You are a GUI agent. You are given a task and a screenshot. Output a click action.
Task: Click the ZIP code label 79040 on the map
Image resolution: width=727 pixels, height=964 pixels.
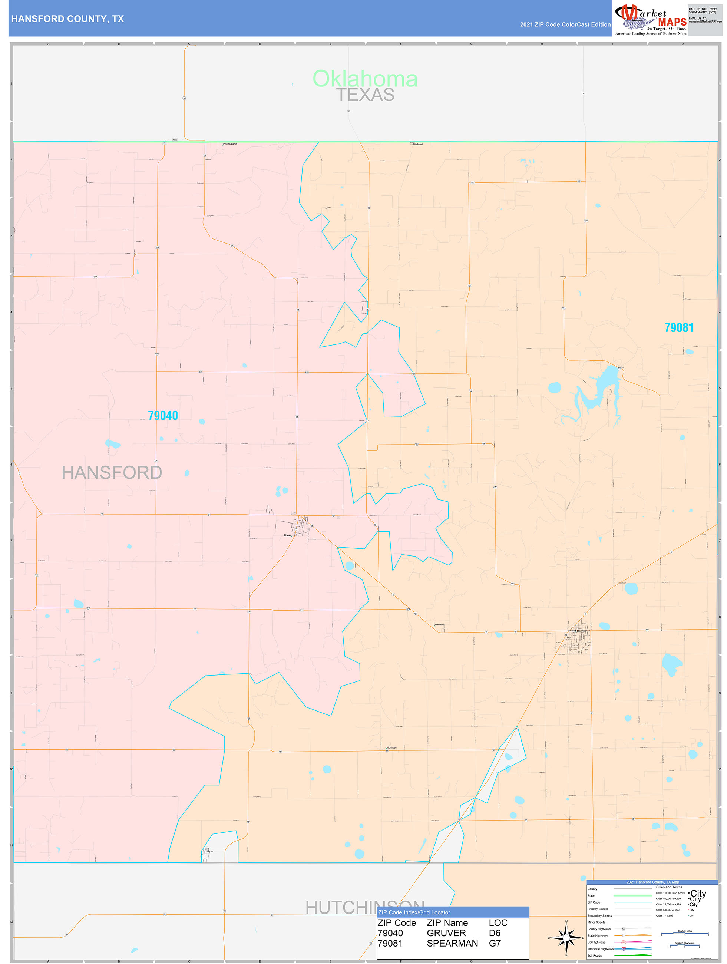pos(163,415)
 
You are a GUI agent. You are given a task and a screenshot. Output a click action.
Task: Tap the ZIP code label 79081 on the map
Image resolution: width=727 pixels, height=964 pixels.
pos(679,327)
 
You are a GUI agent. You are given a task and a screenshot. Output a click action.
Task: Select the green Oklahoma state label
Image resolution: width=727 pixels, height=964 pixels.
pos(365,79)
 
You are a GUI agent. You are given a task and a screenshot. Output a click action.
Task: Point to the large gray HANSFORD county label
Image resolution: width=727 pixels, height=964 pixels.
pos(112,472)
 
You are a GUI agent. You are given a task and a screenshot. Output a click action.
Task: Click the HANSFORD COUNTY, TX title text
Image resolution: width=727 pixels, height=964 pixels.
pos(67,19)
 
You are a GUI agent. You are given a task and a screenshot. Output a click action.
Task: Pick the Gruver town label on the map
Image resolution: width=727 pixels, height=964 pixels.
pos(288,535)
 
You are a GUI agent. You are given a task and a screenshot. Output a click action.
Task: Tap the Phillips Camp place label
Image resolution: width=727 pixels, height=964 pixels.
pos(230,144)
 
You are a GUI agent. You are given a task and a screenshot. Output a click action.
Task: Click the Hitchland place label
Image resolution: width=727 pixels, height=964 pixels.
pos(417,144)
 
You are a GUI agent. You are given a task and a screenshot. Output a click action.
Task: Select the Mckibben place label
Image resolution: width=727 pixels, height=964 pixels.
pos(391,747)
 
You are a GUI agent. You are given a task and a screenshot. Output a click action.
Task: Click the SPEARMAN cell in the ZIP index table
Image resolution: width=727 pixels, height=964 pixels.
pos(452,943)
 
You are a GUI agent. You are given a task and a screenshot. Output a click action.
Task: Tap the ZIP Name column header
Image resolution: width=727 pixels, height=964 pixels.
pos(447,922)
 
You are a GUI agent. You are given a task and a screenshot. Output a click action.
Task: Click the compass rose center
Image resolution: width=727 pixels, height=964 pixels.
pos(566,937)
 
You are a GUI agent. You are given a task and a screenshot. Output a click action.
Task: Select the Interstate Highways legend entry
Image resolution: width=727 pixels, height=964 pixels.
pos(600,949)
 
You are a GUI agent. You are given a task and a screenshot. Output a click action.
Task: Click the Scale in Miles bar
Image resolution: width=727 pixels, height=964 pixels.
pos(685,934)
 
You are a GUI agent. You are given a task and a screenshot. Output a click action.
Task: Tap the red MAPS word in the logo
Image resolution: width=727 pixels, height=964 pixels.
pos(672,22)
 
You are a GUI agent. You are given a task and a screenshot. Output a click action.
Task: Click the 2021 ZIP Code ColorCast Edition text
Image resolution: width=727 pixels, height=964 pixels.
pos(565,24)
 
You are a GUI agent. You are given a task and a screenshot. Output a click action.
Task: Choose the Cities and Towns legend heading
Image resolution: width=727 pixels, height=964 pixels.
pos(669,887)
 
